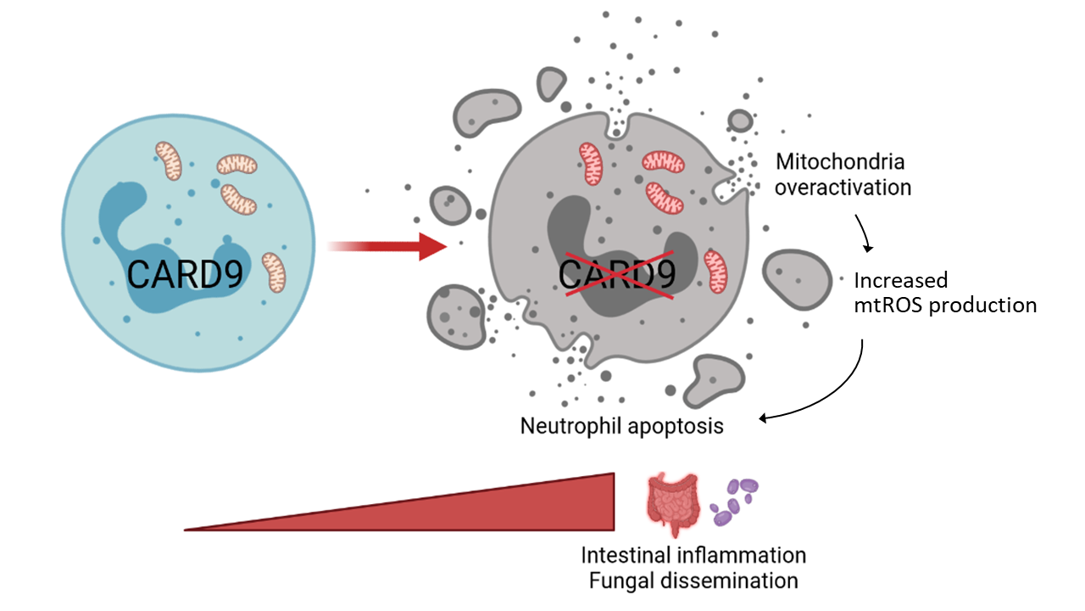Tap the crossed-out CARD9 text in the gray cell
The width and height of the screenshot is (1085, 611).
[618, 274]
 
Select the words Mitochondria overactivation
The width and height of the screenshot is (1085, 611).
[843, 174]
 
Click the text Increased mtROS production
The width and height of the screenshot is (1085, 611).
[944, 293]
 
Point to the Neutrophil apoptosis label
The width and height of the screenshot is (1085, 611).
[621, 425]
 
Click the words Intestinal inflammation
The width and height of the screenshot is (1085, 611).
[693, 555]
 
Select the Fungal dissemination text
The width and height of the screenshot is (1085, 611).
[689, 581]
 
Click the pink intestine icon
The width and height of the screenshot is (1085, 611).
[673, 505]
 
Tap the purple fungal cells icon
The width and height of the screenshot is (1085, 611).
[734, 501]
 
